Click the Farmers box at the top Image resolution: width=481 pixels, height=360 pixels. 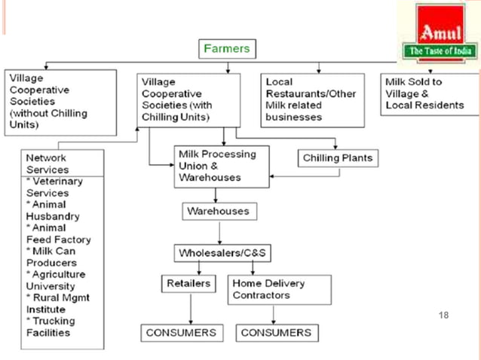(x=228, y=50)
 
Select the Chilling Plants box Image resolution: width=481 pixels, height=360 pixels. (x=335, y=158)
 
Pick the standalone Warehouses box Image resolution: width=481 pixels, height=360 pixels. (x=217, y=212)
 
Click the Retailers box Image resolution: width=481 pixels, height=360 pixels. (x=188, y=284)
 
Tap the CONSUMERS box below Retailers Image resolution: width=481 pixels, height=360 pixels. (x=181, y=332)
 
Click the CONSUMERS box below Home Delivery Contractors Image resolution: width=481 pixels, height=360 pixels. (x=275, y=332)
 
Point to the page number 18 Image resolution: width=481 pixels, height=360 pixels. (x=443, y=315)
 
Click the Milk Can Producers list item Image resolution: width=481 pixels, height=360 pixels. (x=53, y=257)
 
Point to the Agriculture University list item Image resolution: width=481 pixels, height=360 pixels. (x=54, y=280)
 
